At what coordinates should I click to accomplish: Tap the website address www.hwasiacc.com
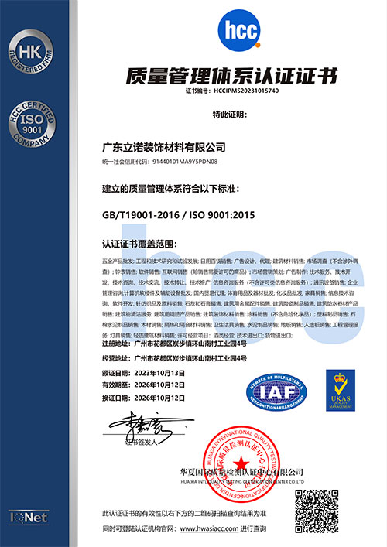(210, 528)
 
